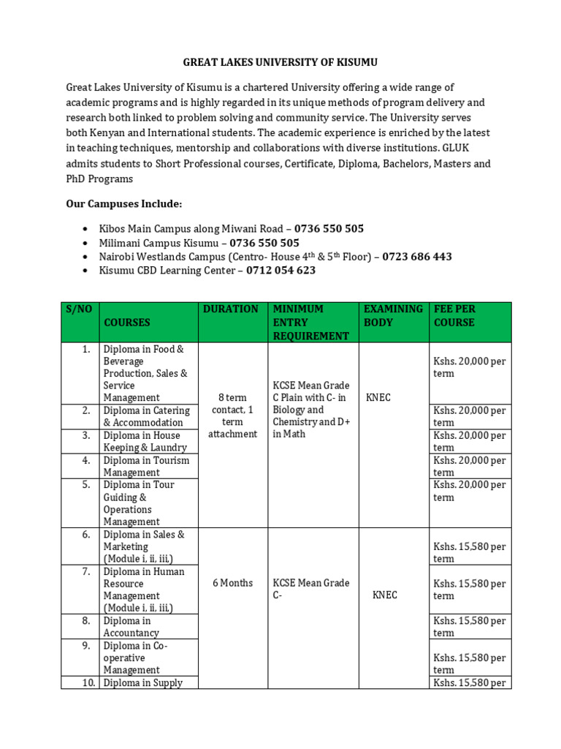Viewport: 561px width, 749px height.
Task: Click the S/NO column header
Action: tap(80, 309)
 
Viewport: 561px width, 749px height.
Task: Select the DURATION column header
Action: tap(231, 309)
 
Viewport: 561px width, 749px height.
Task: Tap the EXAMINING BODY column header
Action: tap(393, 315)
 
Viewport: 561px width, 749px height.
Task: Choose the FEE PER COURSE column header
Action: tap(454, 315)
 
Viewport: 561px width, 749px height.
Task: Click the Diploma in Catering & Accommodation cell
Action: tap(146, 416)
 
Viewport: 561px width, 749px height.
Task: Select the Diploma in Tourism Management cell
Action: tap(146, 466)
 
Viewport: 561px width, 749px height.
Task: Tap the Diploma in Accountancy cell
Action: tap(131, 626)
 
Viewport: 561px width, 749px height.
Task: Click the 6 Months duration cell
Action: tap(232, 583)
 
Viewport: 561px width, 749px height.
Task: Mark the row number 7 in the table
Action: tap(86, 571)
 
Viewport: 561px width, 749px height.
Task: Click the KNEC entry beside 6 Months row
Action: tap(385, 595)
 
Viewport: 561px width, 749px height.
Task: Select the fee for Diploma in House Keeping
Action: tap(469, 441)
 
